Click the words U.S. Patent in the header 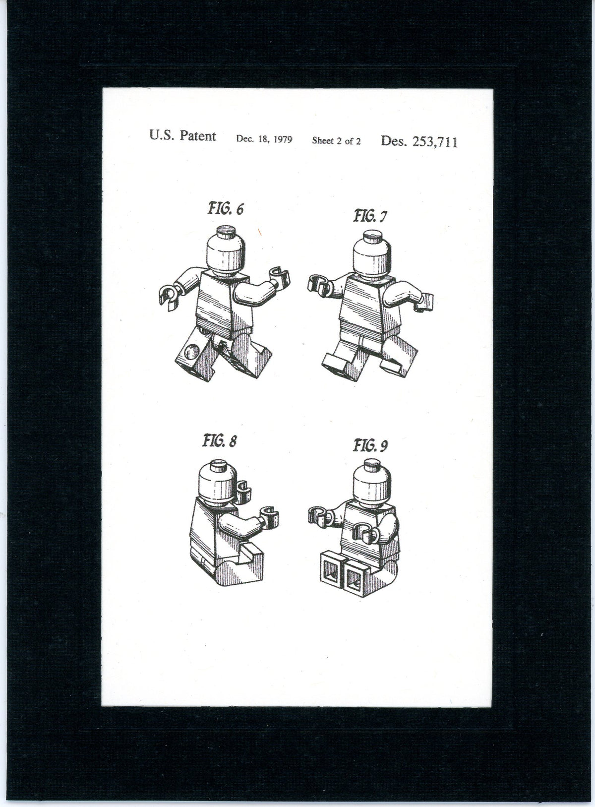click(182, 136)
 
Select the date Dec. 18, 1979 click(264, 139)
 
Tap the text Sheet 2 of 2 click(336, 140)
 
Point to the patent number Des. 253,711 click(419, 141)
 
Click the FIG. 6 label click(226, 208)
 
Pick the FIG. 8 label click(218, 440)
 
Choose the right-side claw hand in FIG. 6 click(279, 278)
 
